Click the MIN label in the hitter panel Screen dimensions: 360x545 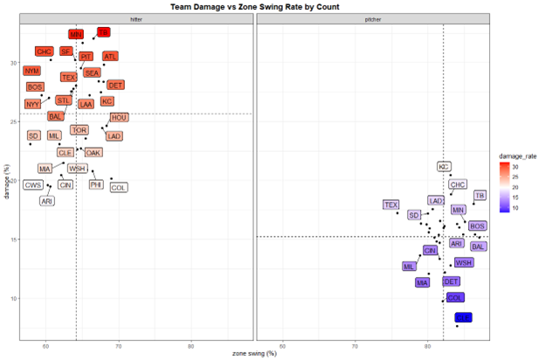pyautogui.click(x=77, y=34)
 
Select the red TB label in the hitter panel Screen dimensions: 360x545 pyautogui.click(x=104, y=32)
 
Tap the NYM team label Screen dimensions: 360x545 pyautogui.click(x=32, y=71)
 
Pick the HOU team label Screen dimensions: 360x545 pyautogui.click(x=119, y=118)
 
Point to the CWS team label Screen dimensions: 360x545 pyautogui.click(x=33, y=185)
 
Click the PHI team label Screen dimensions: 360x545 pyautogui.click(x=96, y=185)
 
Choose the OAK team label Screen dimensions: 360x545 pyautogui.click(x=93, y=152)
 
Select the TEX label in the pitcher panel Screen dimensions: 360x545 pyautogui.click(x=390, y=204)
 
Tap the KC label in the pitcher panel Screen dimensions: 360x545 pyautogui.click(x=445, y=166)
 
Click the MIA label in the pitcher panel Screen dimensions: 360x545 pyautogui.click(x=423, y=282)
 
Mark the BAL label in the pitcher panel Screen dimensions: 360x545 pyautogui.click(x=479, y=246)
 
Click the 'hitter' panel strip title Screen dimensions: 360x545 pyautogui.click(x=135, y=18)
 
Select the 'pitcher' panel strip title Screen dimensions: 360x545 pyautogui.click(x=372, y=18)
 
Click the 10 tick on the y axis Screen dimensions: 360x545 pyautogui.click(x=13, y=298)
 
